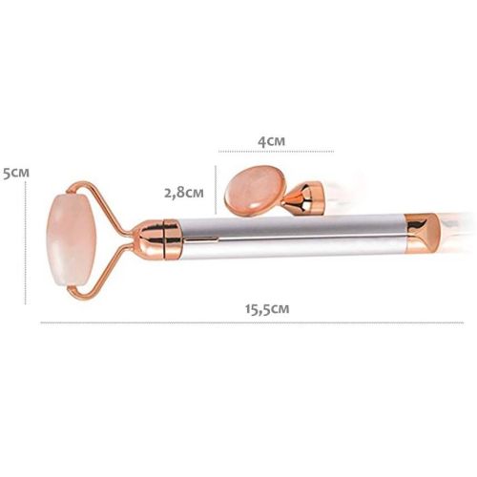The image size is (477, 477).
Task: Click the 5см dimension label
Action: point(16,174)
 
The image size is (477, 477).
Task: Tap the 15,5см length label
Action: point(267,309)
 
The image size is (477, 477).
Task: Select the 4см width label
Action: point(271,141)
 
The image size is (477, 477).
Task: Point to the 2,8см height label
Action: point(184,193)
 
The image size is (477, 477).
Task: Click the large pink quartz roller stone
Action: point(72,239)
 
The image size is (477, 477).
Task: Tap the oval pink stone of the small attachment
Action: point(255,191)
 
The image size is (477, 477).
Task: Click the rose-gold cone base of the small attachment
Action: point(303,197)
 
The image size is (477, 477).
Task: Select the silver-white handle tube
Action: point(293,238)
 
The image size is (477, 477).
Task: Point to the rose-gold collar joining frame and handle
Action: point(158,238)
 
